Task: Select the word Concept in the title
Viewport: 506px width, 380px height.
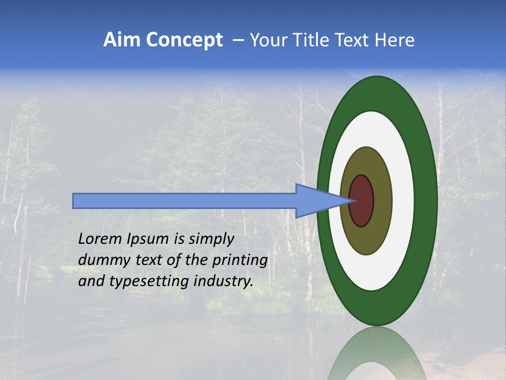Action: tap(184, 40)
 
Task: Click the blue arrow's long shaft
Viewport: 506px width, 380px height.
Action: tap(184, 201)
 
